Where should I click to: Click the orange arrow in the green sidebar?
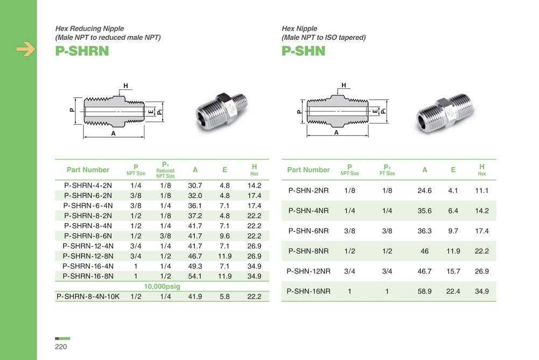pos(26,49)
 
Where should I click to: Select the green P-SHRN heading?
pos(82,51)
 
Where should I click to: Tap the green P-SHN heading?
pos(303,51)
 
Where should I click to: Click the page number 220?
pos(61,347)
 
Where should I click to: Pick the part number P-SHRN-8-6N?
pos(88,236)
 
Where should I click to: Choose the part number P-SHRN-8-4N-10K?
pos(88,296)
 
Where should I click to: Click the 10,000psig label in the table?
pos(162,286)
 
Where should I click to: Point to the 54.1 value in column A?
pos(195,276)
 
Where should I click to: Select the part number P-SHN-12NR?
pos(309,271)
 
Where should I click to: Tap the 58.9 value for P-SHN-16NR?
pos(424,292)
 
